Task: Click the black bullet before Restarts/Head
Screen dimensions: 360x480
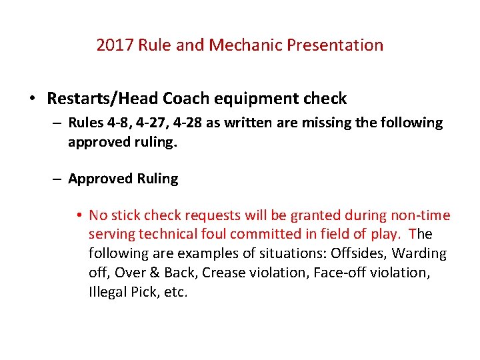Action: [x=32, y=99]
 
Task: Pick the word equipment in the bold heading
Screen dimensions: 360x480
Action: [x=251, y=99]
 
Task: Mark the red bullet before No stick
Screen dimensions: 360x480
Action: [x=79, y=215]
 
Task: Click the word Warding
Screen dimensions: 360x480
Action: [x=419, y=254]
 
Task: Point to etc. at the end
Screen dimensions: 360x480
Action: [x=175, y=293]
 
